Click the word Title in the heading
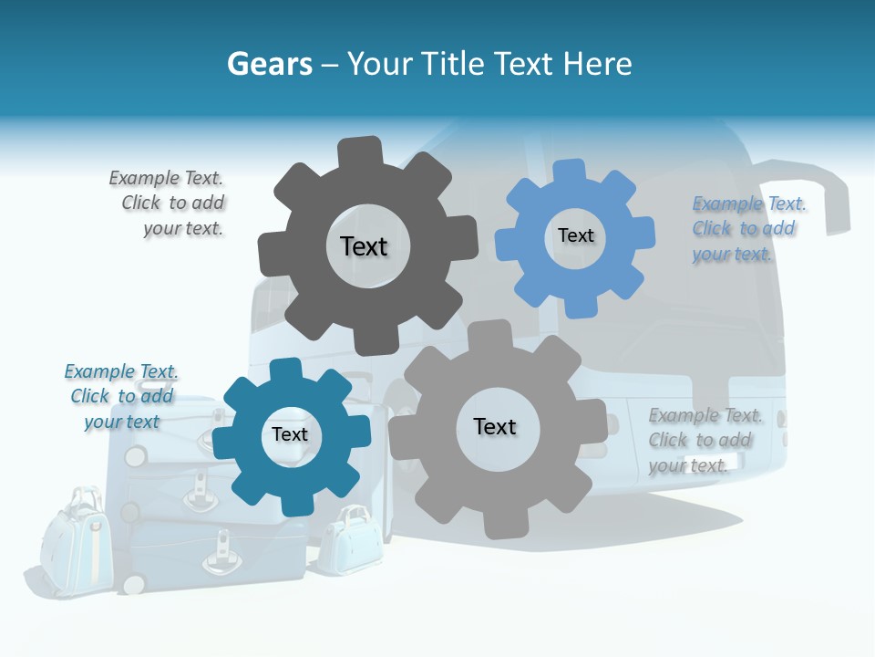(453, 65)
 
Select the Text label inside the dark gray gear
(364, 246)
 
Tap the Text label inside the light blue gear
(575, 235)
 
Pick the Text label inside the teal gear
(290, 434)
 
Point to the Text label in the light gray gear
(495, 426)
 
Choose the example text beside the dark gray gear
(170, 203)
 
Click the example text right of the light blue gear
(746, 228)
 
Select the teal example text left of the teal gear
(120, 396)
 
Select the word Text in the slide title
(524, 65)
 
